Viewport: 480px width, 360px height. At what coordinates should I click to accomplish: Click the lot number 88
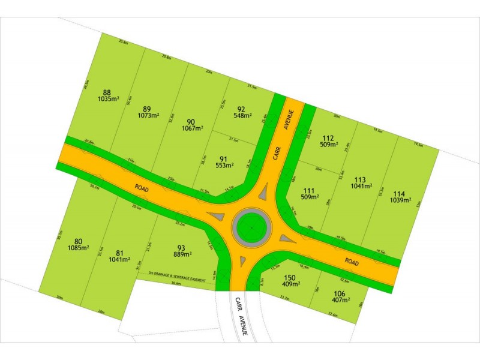[x=107, y=92]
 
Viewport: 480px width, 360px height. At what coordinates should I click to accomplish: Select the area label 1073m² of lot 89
[x=146, y=115]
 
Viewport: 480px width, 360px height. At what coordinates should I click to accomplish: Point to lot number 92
[x=242, y=109]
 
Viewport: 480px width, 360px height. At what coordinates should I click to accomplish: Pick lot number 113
[x=360, y=179]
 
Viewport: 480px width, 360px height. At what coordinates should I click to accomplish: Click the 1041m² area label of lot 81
[x=119, y=260]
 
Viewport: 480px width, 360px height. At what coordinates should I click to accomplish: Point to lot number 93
[x=181, y=247]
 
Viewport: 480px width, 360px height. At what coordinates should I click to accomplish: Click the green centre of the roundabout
[x=250, y=227]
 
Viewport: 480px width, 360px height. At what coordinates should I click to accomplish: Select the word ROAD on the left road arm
[x=142, y=187]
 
